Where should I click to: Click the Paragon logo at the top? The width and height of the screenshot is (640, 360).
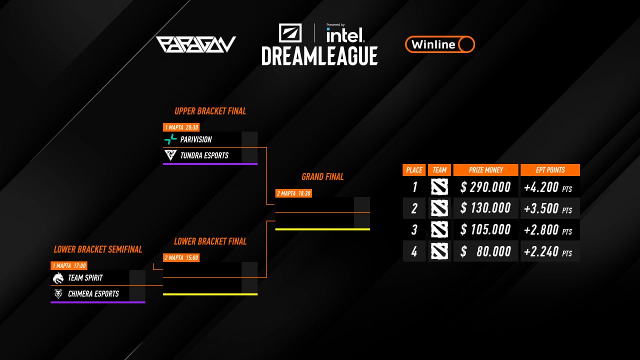pos(195,44)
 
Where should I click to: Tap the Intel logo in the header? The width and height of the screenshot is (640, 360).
pos(345,34)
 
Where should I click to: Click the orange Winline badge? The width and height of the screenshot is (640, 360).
pos(439,44)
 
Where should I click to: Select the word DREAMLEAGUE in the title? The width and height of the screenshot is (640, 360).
pos(319,55)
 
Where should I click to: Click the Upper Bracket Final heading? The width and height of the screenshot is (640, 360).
pos(210,111)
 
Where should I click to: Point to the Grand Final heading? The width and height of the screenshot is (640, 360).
pos(322,177)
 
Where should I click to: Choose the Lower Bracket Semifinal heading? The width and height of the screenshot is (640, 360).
pos(98,249)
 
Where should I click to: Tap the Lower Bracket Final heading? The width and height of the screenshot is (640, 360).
pos(210,241)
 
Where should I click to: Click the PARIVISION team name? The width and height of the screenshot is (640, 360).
pos(196,139)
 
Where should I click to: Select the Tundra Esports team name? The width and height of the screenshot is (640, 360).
pos(204,155)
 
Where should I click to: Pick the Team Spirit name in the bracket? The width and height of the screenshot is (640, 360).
pos(85,277)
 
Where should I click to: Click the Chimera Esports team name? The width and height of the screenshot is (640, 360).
pos(93,293)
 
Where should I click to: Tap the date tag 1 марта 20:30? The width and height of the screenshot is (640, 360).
pos(181,127)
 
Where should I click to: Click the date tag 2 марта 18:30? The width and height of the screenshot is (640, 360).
pos(293,193)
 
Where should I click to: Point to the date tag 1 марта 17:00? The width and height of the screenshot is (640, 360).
pos(69,265)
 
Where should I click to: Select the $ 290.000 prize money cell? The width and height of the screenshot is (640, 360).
pos(485,187)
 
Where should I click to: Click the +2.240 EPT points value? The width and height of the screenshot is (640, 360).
pos(548,251)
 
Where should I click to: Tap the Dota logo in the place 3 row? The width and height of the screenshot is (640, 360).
pos(439,230)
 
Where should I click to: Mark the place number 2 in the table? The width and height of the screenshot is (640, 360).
pos(414,208)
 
